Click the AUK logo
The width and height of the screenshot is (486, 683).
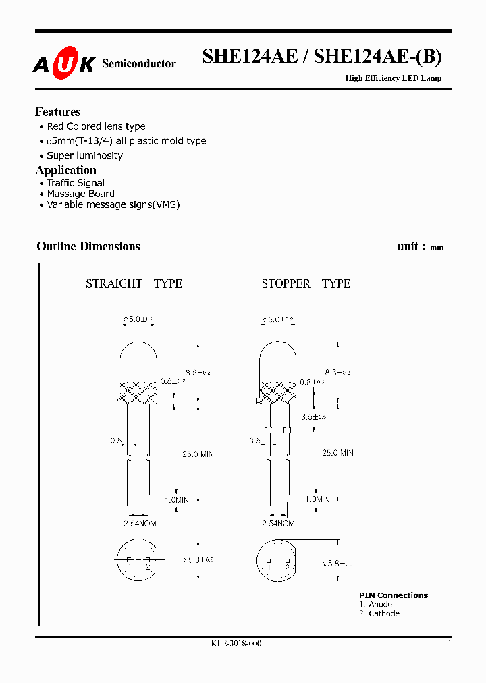(x=64, y=63)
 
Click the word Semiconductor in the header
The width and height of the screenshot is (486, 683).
(x=138, y=64)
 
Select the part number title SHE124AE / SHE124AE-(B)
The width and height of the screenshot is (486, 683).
(x=322, y=57)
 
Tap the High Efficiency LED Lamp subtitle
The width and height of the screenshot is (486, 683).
(x=393, y=78)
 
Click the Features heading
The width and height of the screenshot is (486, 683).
(x=58, y=112)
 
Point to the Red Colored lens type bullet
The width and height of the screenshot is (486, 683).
(x=96, y=126)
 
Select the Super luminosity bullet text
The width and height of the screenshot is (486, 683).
(x=84, y=155)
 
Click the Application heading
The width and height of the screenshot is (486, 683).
(x=66, y=170)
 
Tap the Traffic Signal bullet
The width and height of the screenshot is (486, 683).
(x=76, y=183)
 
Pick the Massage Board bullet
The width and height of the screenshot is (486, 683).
(x=80, y=194)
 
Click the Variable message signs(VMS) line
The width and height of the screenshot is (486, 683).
(x=113, y=204)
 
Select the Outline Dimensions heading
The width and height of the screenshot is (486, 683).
(x=88, y=246)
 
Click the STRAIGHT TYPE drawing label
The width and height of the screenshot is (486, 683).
(x=134, y=283)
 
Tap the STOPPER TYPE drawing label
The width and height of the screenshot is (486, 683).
(x=306, y=283)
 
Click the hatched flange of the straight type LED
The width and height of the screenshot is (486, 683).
(x=138, y=392)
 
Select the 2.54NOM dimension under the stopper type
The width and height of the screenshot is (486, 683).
(x=278, y=523)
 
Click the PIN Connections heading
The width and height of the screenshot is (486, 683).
(x=394, y=595)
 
